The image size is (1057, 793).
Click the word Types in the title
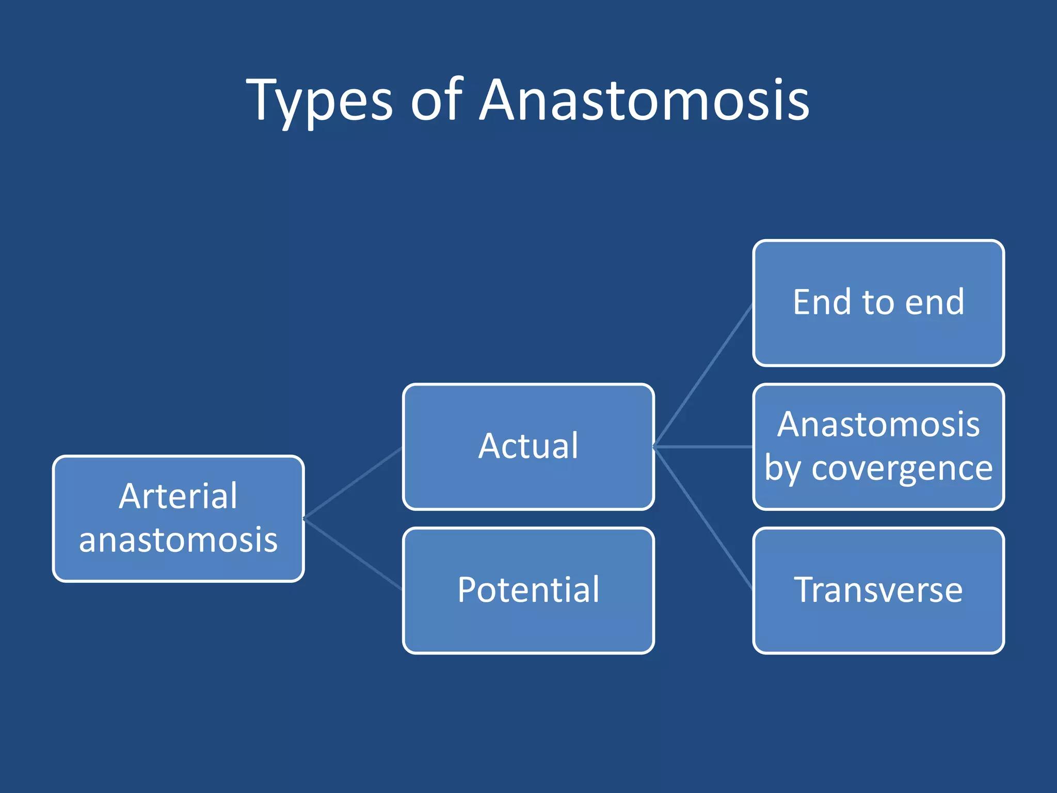319,101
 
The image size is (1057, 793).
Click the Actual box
528,447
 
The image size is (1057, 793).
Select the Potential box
528,590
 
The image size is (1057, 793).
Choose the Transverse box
878,590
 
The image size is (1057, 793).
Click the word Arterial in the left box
178,496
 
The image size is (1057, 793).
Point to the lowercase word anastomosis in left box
178,540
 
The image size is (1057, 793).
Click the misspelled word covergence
902,469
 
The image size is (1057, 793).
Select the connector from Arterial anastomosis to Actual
353,483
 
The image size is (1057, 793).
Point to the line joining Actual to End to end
703,375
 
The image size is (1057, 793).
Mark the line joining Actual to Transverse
703,518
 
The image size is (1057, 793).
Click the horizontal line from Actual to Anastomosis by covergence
703,447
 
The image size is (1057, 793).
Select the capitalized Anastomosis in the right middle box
878,425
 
